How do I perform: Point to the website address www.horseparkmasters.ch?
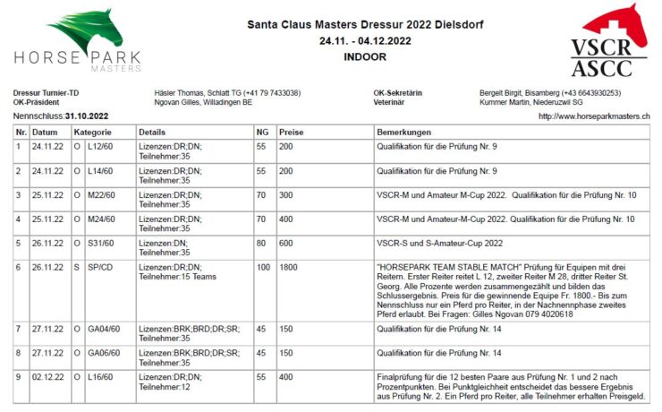(x=594, y=116)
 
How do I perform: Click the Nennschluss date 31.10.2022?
(x=86, y=116)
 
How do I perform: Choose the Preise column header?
(x=291, y=132)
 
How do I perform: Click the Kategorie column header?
(x=93, y=132)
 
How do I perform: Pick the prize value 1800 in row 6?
(x=288, y=266)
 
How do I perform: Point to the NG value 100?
(x=263, y=266)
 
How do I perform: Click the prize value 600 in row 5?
(x=285, y=242)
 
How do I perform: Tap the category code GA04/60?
(x=104, y=329)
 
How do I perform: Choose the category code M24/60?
(x=102, y=218)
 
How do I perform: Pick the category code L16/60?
(x=101, y=377)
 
